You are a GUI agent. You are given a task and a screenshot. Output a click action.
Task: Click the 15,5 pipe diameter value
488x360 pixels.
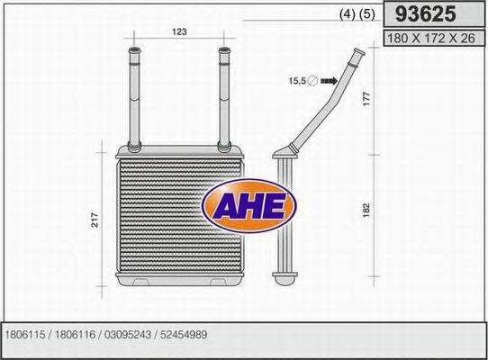click(x=297, y=81)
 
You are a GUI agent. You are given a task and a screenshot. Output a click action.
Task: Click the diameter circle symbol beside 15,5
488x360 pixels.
click(x=312, y=81)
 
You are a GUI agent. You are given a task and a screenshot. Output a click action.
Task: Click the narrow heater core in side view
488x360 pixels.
click(x=283, y=216)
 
